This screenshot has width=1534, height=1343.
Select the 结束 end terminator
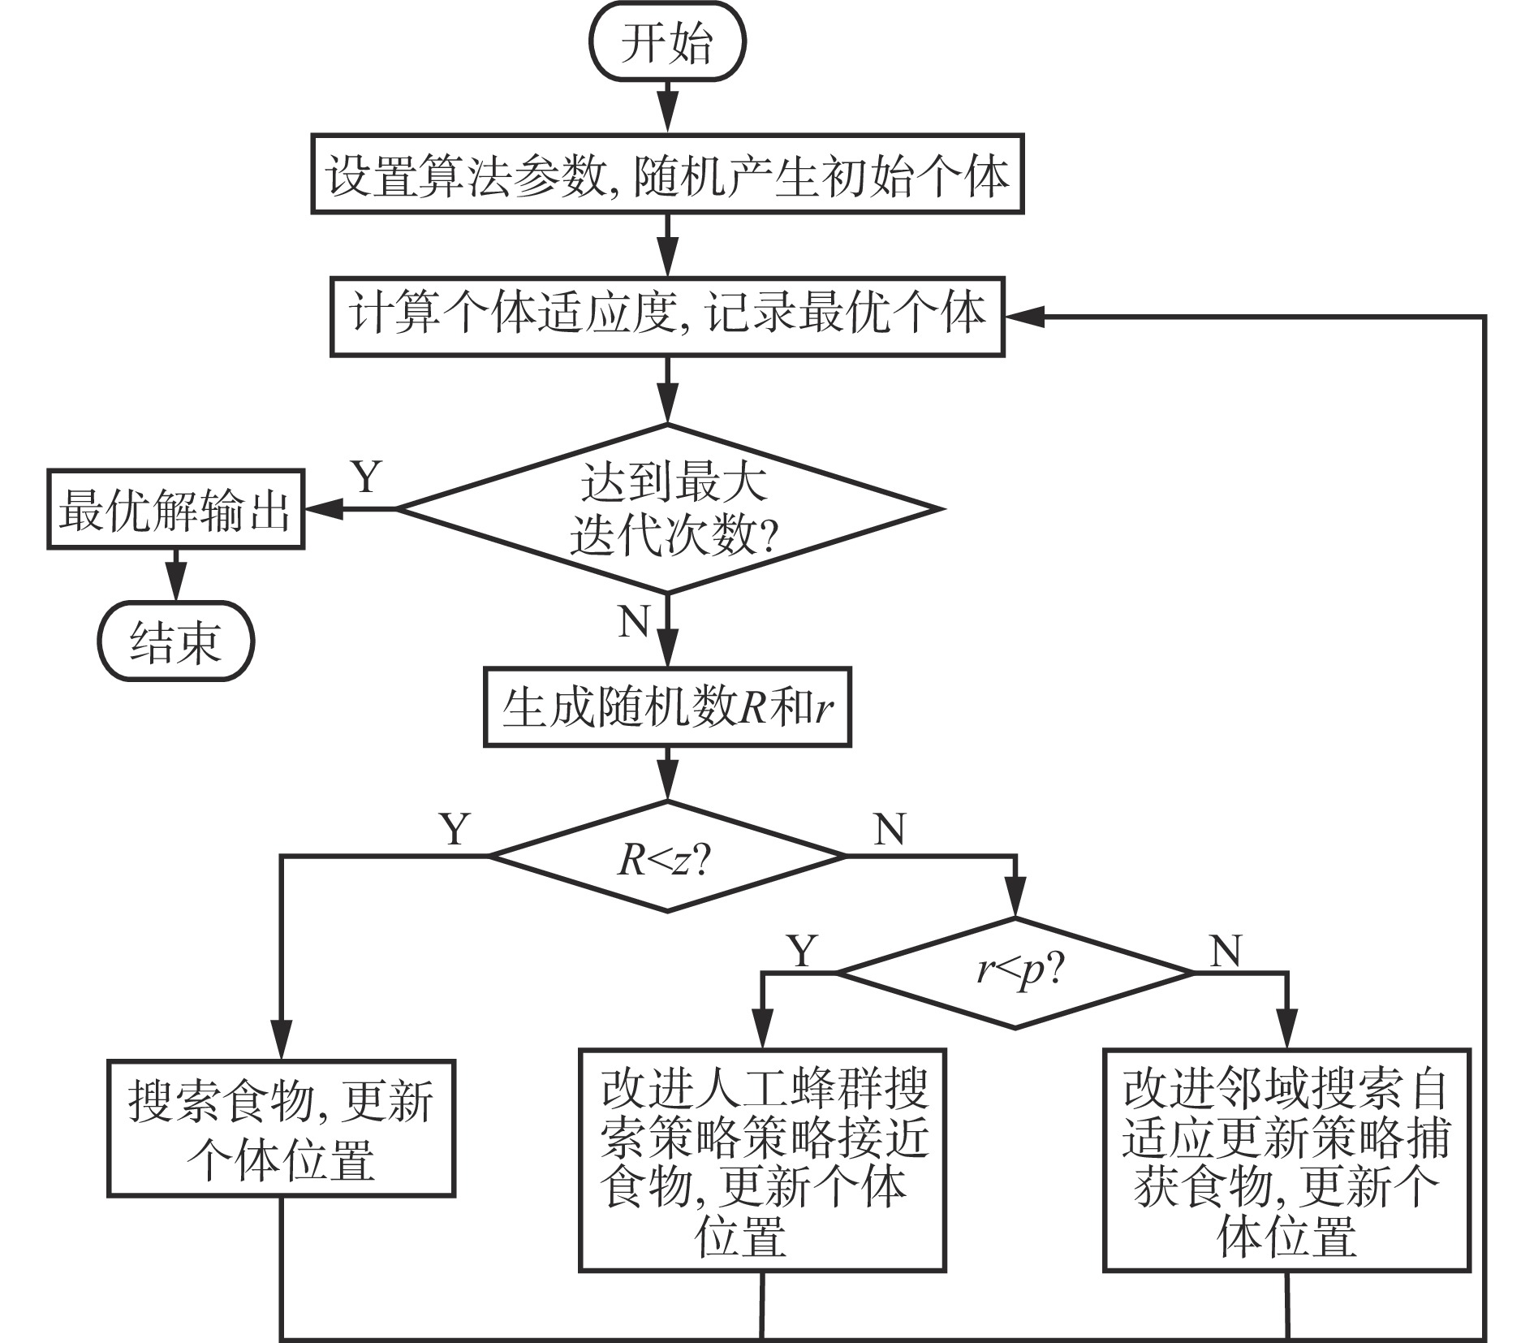coord(176,642)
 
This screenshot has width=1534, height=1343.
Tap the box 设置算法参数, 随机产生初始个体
coord(667,175)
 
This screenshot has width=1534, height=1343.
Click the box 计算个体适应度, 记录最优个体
coord(667,317)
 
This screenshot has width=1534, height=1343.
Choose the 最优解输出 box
coord(175,510)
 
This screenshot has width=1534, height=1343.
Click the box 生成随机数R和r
coord(667,707)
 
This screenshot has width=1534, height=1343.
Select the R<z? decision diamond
coord(667,857)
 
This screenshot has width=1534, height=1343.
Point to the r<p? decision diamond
coord(1015,973)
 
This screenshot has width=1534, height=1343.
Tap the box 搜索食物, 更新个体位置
coord(281,1129)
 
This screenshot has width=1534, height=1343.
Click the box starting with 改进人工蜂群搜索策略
coord(762,1160)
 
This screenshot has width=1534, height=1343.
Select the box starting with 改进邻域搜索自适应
coord(1286,1160)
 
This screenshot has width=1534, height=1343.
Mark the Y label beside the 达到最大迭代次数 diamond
coord(366,477)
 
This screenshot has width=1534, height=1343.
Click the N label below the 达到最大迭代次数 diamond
coord(634,623)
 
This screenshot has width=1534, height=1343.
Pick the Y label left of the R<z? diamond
coord(455,829)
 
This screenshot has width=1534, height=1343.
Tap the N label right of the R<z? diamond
coord(890,829)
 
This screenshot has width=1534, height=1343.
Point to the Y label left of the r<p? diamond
coord(802,950)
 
